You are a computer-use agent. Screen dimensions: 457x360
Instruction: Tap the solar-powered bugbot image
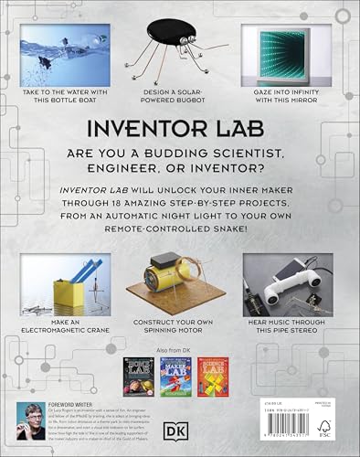(x=180, y=50)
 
